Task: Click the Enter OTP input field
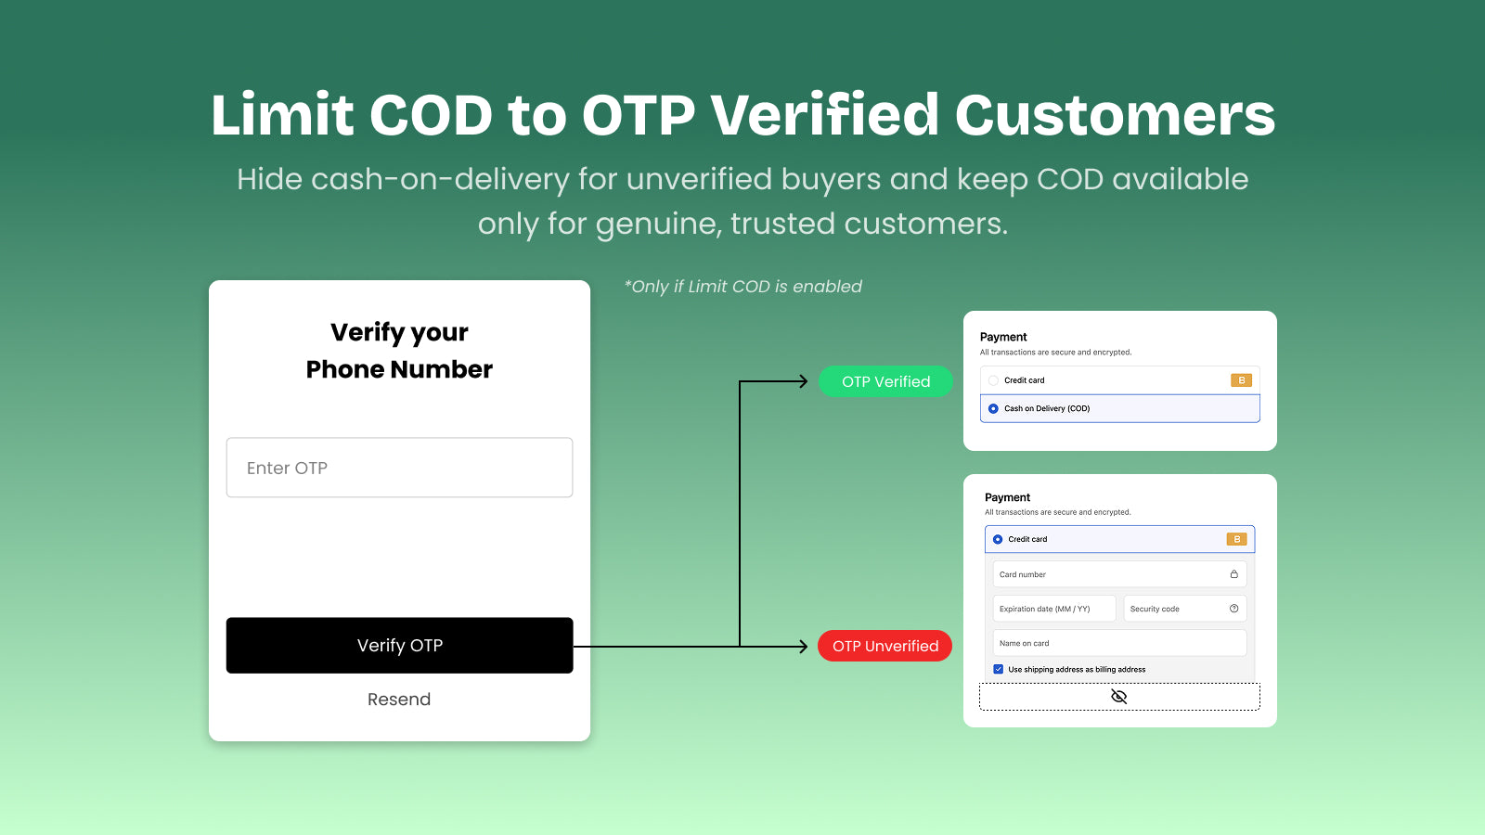coord(399,468)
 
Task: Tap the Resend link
coord(399,700)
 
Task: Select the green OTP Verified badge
coord(885,381)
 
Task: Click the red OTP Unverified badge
coord(885,646)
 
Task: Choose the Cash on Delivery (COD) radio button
coord(993,408)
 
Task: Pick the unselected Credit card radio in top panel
coord(993,380)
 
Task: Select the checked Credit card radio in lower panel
coord(998,539)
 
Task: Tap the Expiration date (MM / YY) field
coord(1053,609)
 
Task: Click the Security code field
coord(1174,609)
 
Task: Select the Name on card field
coord(1118,643)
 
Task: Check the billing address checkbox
coord(999,669)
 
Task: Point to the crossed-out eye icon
coord(1119,697)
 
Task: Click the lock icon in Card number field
coord(1233,574)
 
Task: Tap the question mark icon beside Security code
coord(1233,609)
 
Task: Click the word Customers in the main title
coord(1115,116)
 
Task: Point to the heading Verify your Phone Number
coord(399,351)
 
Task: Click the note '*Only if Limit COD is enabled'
coord(743,287)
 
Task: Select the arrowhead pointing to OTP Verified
coord(804,381)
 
